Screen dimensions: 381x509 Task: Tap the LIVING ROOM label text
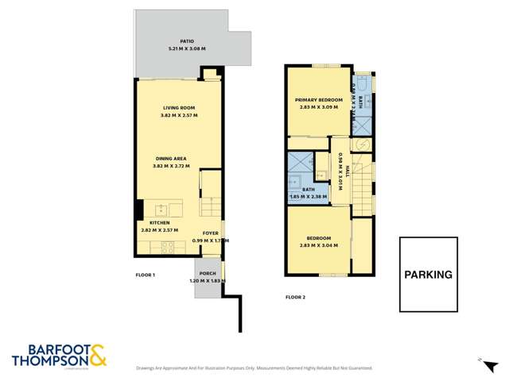tap(179, 108)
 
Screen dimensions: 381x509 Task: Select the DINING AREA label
tap(178, 159)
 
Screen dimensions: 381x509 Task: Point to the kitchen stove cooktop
tap(169, 246)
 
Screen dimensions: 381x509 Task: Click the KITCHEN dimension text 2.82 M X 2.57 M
tap(159, 230)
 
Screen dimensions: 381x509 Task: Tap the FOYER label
tap(210, 233)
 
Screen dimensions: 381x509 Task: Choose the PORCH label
tap(208, 273)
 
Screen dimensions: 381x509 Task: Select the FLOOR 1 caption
tap(144, 275)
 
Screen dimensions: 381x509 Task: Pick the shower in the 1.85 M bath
tap(301, 164)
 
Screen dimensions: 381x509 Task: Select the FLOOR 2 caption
tap(296, 298)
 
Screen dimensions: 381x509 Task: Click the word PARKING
tap(428, 275)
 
